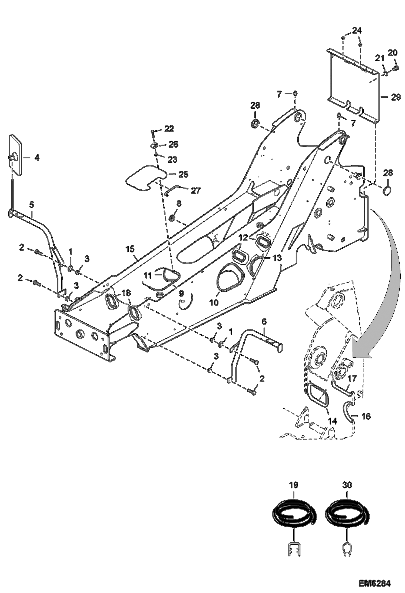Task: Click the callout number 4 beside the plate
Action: [x=37, y=158]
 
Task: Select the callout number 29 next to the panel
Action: [x=396, y=97]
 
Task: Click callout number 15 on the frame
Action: [x=130, y=249]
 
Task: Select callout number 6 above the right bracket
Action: [x=264, y=321]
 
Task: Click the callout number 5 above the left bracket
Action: [x=32, y=205]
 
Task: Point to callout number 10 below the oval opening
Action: [x=214, y=303]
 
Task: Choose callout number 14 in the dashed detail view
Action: [x=332, y=421]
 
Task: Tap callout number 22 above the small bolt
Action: [x=169, y=129]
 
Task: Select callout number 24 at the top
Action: [x=357, y=30]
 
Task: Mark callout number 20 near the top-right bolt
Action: [x=393, y=53]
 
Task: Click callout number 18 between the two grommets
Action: [x=126, y=293]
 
